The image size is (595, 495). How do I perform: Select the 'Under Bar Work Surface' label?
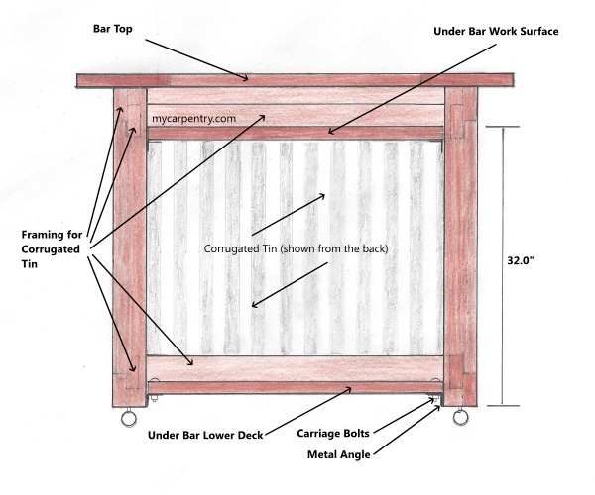pyautogui.click(x=496, y=32)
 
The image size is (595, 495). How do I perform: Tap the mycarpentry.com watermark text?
pyautogui.click(x=194, y=118)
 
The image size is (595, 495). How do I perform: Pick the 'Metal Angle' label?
pyautogui.click(x=338, y=455)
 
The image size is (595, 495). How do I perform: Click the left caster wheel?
pyautogui.click(x=128, y=420)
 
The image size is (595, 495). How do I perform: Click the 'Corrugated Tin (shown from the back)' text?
pyautogui.click(x=295, y=248)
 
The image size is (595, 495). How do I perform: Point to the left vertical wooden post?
pyautogui.click(x=126, y=247)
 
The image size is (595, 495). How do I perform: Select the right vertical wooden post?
pyautogui.click(x=461, y=247)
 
